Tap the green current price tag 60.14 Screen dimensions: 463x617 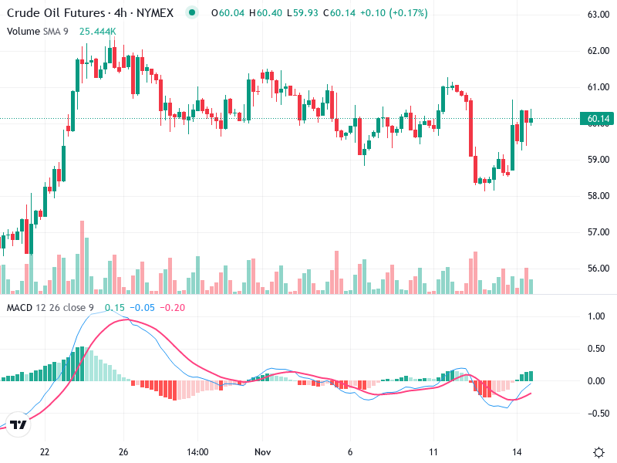point(598,119)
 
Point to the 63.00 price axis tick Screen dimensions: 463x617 point(598,15)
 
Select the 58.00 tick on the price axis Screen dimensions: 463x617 point(598,196)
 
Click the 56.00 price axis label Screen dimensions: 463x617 point(598,269)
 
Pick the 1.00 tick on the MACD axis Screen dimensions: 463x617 point(597,316)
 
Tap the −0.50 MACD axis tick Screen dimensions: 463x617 point(595,413)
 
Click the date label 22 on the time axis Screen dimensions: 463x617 point(45,451)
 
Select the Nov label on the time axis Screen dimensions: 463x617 point(263,451)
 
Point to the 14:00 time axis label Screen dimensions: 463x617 point(198,451)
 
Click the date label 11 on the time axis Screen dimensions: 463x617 point(433,451)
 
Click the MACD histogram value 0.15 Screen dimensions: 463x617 point(115,308)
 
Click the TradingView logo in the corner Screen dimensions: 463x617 point(19,424)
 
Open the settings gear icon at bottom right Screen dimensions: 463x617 point(598,451)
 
